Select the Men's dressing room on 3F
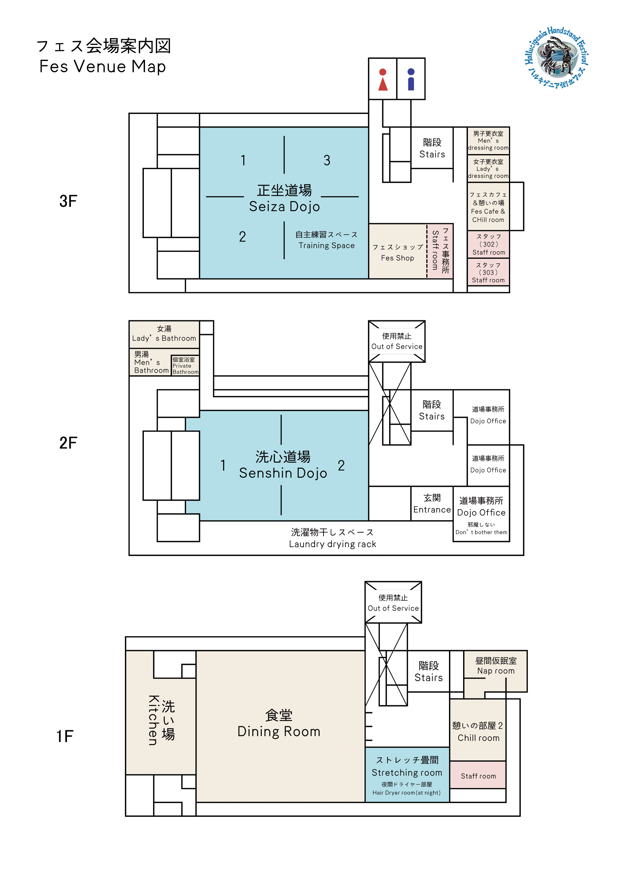(x=488, y=140)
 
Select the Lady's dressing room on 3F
(x=488, y=169)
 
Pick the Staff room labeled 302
(x=488, y=244)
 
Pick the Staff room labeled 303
(x=488, y=272)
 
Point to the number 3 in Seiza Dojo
(x=327, y=160)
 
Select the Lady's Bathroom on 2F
(x=164, y=334)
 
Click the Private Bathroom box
(x=185, y=365)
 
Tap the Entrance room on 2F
(x=432, y=504)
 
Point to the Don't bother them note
(x=481, y=532)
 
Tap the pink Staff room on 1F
(x=478, y=776)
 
